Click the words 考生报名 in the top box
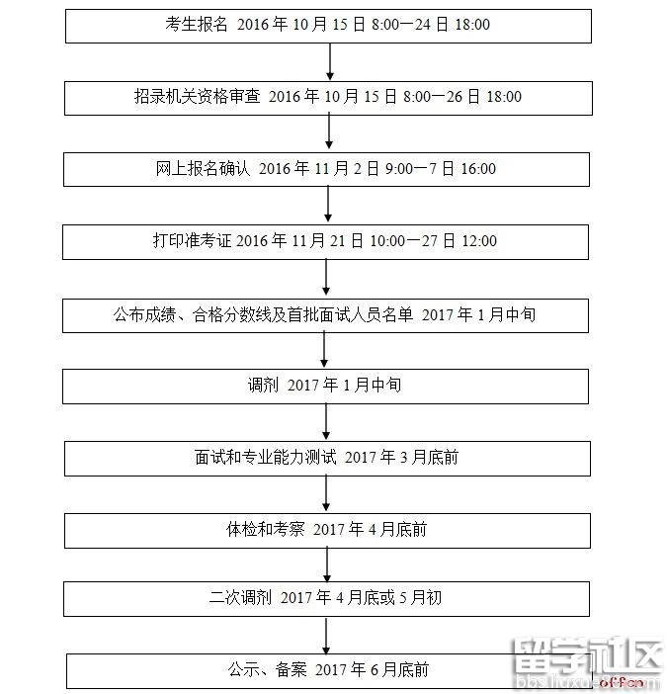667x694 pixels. tap(197, 24)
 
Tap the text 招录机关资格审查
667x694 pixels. tap(198, 96)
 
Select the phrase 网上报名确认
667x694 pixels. tap(203, 168)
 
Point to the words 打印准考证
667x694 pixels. tap(193, 240)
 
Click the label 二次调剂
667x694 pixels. tap(240, 597)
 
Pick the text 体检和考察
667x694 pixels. tap(266, 529)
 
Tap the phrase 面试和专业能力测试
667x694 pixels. tap(266, 457)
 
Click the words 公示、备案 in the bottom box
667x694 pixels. tap(267, 669)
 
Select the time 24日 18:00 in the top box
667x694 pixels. tap(452, 24)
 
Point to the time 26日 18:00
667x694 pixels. tap(484, 96)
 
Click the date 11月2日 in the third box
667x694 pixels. tap(347, 168)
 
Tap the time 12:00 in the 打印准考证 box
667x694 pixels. tap(479, 240)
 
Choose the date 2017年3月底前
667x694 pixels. tap(401, 457)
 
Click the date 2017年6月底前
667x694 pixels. tap(372, 669)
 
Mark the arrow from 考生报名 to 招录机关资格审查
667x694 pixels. tap(329, 61)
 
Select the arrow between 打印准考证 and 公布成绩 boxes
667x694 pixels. tap(326, 277)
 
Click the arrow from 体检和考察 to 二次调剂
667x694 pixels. tap(327, 564)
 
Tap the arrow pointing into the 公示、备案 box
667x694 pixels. tap(326, 635)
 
